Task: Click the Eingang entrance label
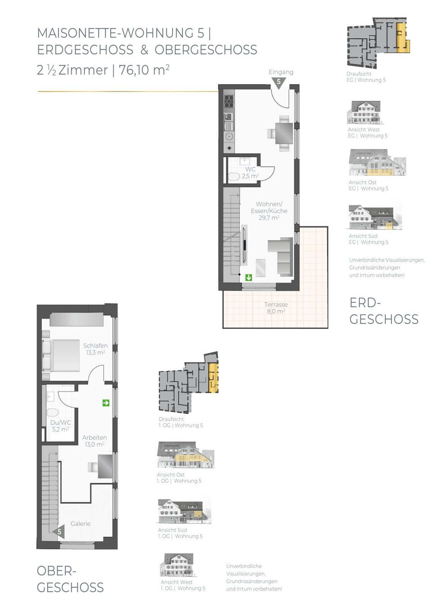281,72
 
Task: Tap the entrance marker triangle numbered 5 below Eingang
279,82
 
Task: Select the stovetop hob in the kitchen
229,101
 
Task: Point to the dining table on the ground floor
284,133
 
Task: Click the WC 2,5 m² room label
250,172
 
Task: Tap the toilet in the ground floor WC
234,177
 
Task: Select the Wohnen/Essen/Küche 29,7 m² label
269,211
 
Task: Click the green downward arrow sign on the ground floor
249,277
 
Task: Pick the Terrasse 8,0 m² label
276,308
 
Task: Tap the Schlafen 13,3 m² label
95,349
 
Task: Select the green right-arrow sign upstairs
106,403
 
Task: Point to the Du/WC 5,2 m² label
61,426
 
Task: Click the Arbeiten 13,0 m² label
95,441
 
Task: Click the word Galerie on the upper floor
81,524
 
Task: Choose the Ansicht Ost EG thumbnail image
377,162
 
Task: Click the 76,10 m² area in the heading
144,70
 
